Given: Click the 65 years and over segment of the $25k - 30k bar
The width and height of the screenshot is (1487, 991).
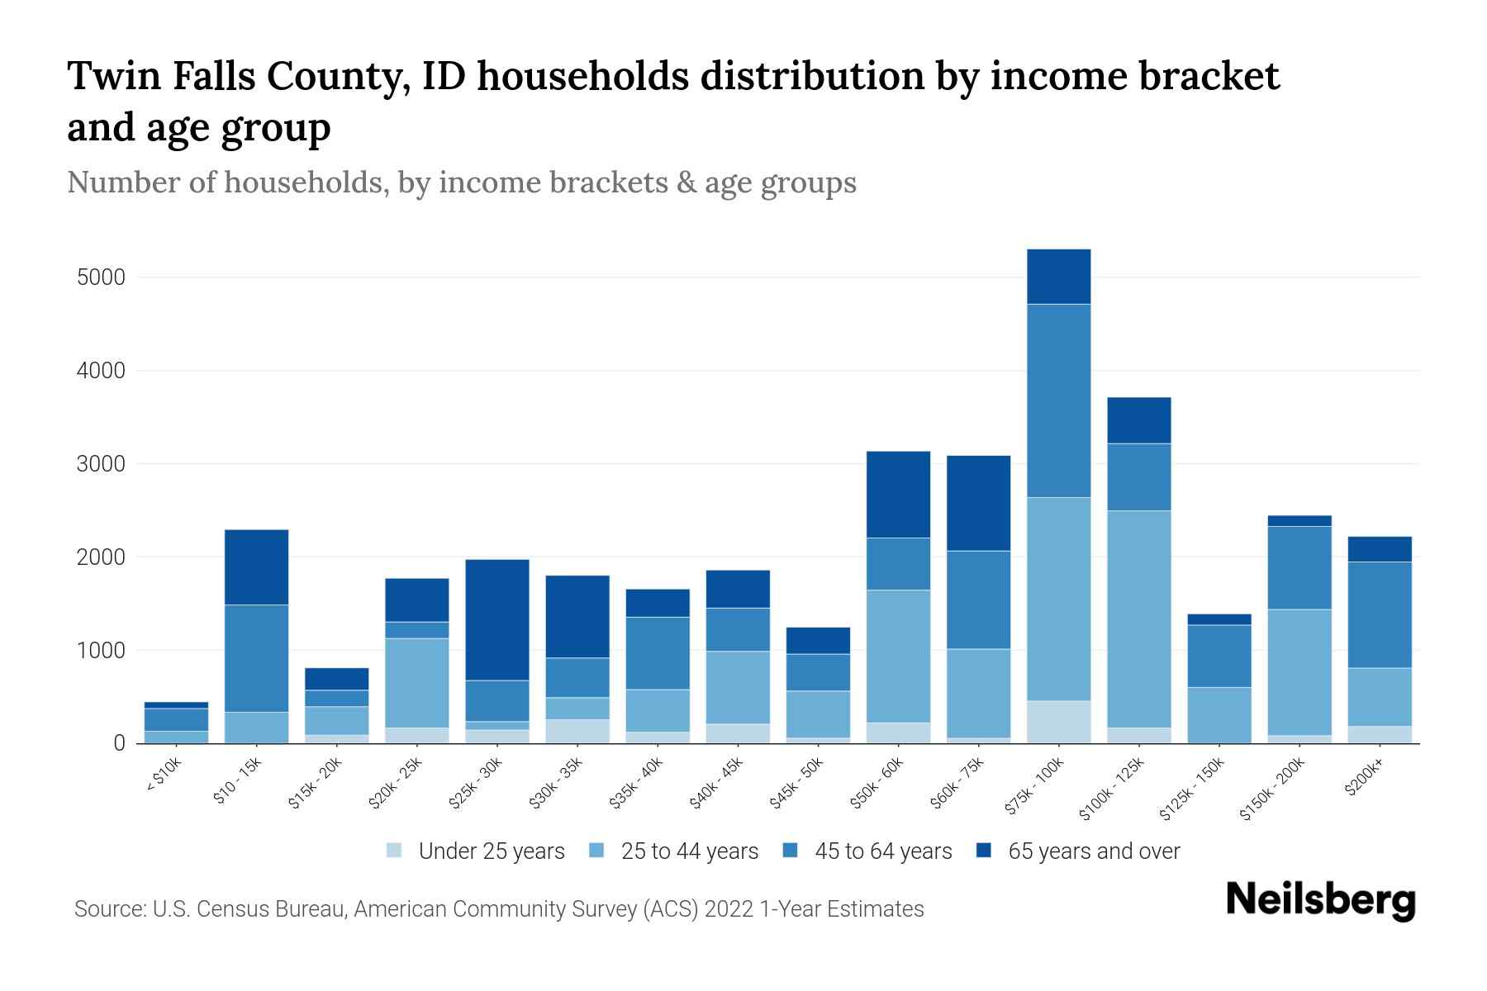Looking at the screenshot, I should [x=497, y=619].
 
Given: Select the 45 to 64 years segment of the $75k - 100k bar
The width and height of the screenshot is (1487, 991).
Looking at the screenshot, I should [x=1058, y=401].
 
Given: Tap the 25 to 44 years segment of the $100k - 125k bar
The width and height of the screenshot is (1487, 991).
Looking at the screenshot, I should [x=1138, y=619].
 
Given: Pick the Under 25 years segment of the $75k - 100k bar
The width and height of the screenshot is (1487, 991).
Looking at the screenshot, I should [x=1058, y=722].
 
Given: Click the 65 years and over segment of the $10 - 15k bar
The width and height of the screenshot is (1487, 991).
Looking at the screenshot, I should [x=256, y=567].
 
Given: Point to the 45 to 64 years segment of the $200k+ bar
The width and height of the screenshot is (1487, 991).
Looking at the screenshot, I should [x=1379, y=614].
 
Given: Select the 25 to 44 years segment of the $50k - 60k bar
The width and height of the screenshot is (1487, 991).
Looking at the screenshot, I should [x=898, y=656].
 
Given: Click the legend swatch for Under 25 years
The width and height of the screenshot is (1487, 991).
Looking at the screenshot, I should [x=395, y=851].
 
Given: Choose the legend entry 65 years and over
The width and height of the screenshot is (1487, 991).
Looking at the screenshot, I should [x=1093, y=851].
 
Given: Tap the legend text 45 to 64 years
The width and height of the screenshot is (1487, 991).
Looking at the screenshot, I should [x=883, y=851].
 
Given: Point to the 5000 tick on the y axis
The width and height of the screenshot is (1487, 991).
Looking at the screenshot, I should [x=101, y=277].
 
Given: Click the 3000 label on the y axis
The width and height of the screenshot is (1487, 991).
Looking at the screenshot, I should [x=101, y=464].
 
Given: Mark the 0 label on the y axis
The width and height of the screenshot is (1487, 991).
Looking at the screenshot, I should [x=119, y=743].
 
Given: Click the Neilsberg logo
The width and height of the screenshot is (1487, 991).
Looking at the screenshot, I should [x=1320, y=900].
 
